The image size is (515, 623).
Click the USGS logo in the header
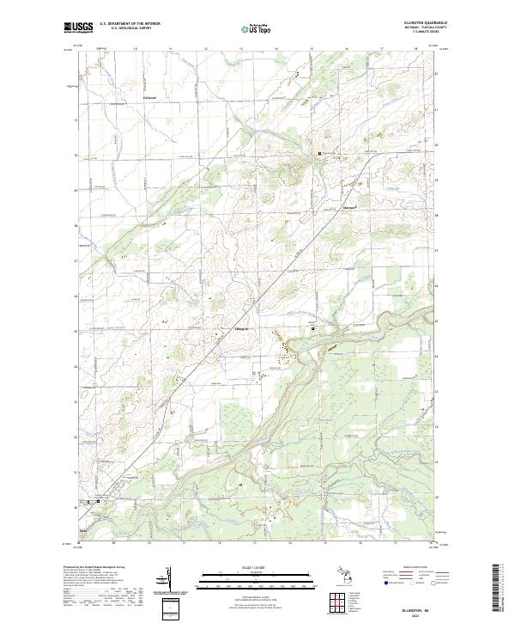pyautogui.click(x=78, y=27)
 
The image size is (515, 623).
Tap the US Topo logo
pyautogui.click(x=259, y=28)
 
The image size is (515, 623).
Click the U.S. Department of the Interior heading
pyautogui.click(x=130, y=24)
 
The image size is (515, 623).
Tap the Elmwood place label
pyautogui.click(x=326, y=209)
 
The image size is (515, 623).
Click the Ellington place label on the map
pyautogui.click(x=241, y=329)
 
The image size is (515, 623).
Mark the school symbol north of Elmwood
pyautogui.click(x=320, y=154)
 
